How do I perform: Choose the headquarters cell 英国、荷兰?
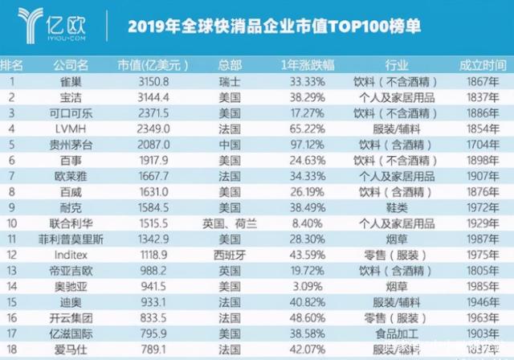click(x=230, y=221)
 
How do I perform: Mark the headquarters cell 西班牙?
click(x=230, y=253)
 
